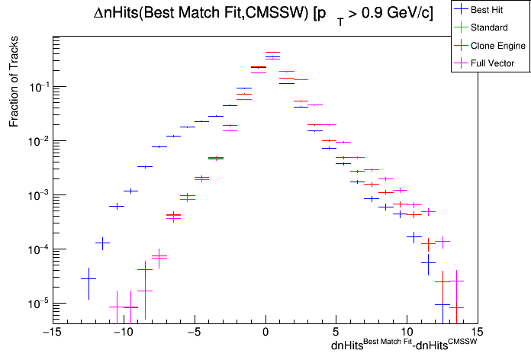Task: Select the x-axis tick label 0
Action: click(265, 332)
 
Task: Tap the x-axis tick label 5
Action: click(336, 332)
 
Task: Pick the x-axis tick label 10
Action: click(407, 332)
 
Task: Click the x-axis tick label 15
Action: click(478, 332)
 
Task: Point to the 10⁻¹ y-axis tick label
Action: click(40, 87)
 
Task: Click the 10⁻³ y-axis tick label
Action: click(40, 195)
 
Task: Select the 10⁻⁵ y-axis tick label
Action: click(40, 304)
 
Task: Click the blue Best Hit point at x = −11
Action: click(102, 243)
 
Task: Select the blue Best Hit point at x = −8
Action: click(145, 166)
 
